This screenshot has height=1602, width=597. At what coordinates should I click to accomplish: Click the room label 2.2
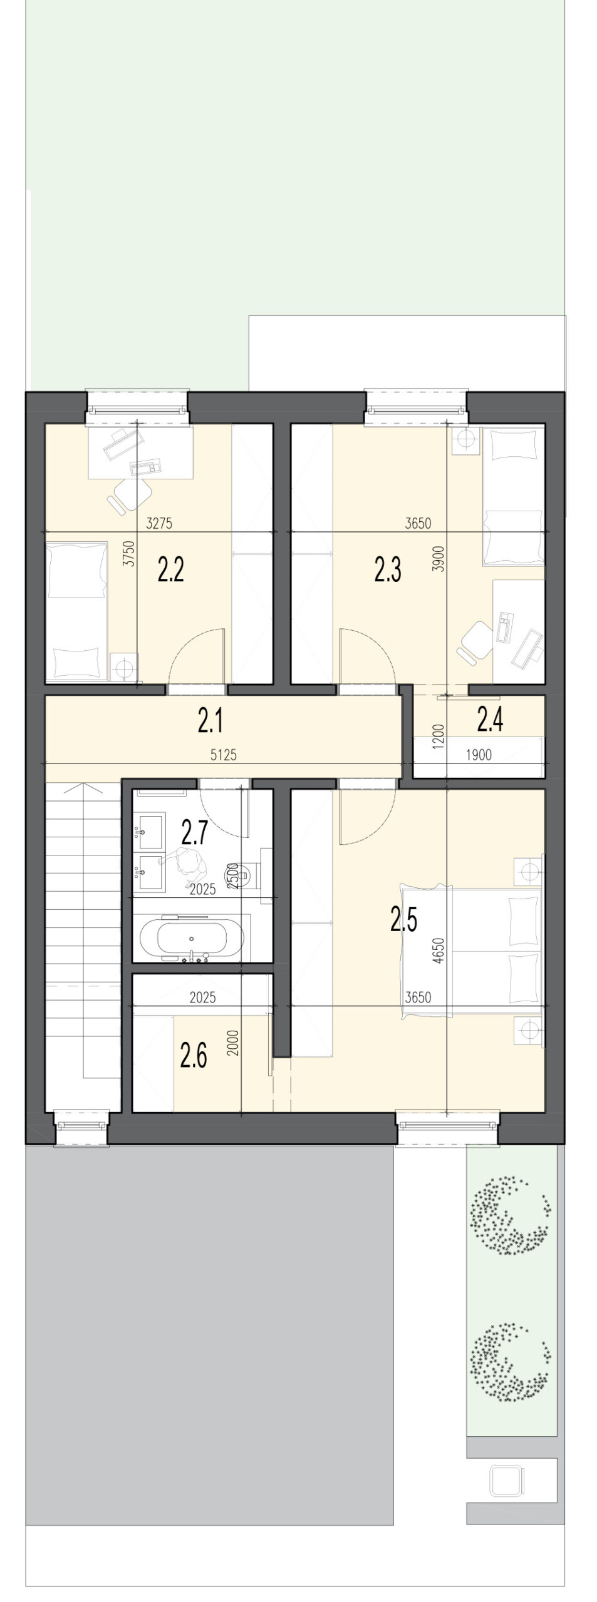(x=170, y=571)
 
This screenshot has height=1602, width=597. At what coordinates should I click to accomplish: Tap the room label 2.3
(x=388, y=571)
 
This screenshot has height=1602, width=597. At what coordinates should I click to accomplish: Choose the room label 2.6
(x=193, y=1057)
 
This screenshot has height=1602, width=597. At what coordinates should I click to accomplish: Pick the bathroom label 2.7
(x=194, y=833)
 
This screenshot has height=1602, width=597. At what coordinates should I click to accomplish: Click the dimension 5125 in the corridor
(x=224, y=755)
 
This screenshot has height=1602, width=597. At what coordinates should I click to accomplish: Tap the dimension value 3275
(x=158, y=524)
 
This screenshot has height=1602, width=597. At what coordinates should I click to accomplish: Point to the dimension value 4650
(x=438, y=949)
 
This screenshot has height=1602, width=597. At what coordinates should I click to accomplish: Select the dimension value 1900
(x=479, y=755)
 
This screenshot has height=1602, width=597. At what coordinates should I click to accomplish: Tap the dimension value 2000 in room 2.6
(x=234, y=1056)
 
